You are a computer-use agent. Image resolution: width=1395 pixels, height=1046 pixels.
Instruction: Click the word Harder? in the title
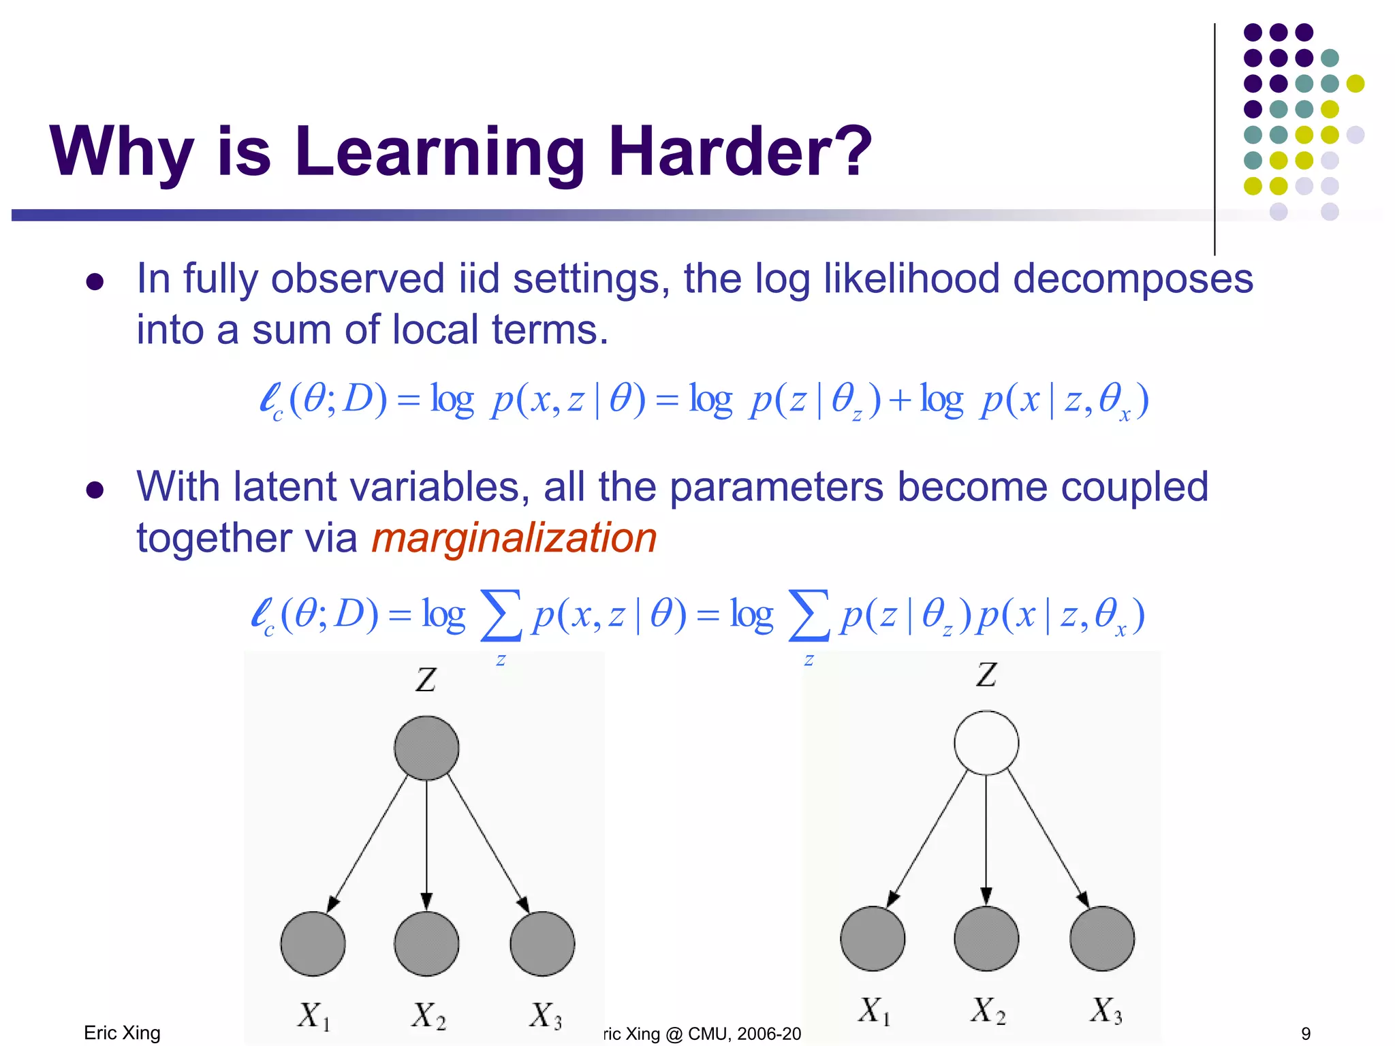coord(740,151)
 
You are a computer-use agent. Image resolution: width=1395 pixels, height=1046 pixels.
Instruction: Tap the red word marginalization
coord(514,538)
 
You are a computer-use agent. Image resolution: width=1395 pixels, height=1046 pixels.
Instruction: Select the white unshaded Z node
coord(986,742)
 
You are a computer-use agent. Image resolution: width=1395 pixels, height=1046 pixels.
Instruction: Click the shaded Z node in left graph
coord(426,748)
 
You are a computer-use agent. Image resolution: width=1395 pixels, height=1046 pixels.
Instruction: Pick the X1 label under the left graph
coord(314,1016)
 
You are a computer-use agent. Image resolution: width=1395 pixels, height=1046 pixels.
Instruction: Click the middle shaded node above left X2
coord(426,943)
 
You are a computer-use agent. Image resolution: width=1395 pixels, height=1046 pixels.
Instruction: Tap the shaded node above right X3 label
coord(1101,938)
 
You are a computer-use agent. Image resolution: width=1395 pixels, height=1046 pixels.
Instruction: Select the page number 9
coord(1306,1034)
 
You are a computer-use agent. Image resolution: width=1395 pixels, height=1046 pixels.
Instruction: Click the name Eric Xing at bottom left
coord(122,1033)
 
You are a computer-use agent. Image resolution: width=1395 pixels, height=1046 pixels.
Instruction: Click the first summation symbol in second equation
coord(501,615)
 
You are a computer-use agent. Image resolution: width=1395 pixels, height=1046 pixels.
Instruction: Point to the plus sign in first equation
coord(899,400)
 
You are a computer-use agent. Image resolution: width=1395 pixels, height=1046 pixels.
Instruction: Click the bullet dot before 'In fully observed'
coord(95,282)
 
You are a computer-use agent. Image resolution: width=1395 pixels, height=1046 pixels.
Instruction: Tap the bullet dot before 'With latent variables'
coord(95,490)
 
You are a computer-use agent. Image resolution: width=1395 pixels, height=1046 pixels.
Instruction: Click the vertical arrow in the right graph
coord(986,841)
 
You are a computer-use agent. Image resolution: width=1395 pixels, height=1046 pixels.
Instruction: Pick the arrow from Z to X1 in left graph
coord(368,844)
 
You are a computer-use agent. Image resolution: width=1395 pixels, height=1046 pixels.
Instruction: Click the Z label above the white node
coord(986,675)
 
